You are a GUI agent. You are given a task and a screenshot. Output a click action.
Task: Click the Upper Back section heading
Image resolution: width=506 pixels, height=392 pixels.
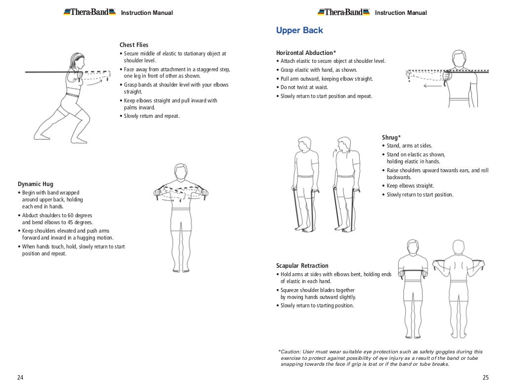click(x=299, y=31)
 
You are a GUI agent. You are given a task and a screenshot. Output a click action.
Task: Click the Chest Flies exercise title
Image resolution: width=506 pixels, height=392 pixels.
click(x=134, y=45)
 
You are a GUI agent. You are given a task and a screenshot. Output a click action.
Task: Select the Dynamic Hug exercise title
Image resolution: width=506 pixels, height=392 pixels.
click(x=36, y=184)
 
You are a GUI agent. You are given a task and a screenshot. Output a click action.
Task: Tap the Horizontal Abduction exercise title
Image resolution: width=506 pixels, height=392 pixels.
click(x=306, y=52)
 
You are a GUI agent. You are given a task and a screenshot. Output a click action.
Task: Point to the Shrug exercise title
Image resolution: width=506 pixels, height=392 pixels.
click(x=391, y=137)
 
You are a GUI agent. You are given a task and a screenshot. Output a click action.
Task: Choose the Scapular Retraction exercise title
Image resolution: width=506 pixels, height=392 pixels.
click(x=302, y=266)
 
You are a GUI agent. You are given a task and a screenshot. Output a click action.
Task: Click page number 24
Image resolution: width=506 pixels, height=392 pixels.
click(x=20, y=378)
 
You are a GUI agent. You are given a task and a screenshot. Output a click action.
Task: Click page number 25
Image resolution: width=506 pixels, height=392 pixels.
click(x=485, y=378)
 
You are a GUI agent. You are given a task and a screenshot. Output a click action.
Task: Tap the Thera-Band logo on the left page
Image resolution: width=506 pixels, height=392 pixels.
click(x=89, y=12)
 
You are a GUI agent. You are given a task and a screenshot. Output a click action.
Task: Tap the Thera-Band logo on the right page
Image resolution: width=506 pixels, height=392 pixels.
click(x=343, y=12)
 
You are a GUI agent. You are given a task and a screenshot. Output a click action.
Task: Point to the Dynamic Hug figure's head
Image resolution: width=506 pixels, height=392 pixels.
click(x=181, y=172)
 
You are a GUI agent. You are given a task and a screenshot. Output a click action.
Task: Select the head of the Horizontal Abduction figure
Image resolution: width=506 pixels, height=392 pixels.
click(x=459, y=58)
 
